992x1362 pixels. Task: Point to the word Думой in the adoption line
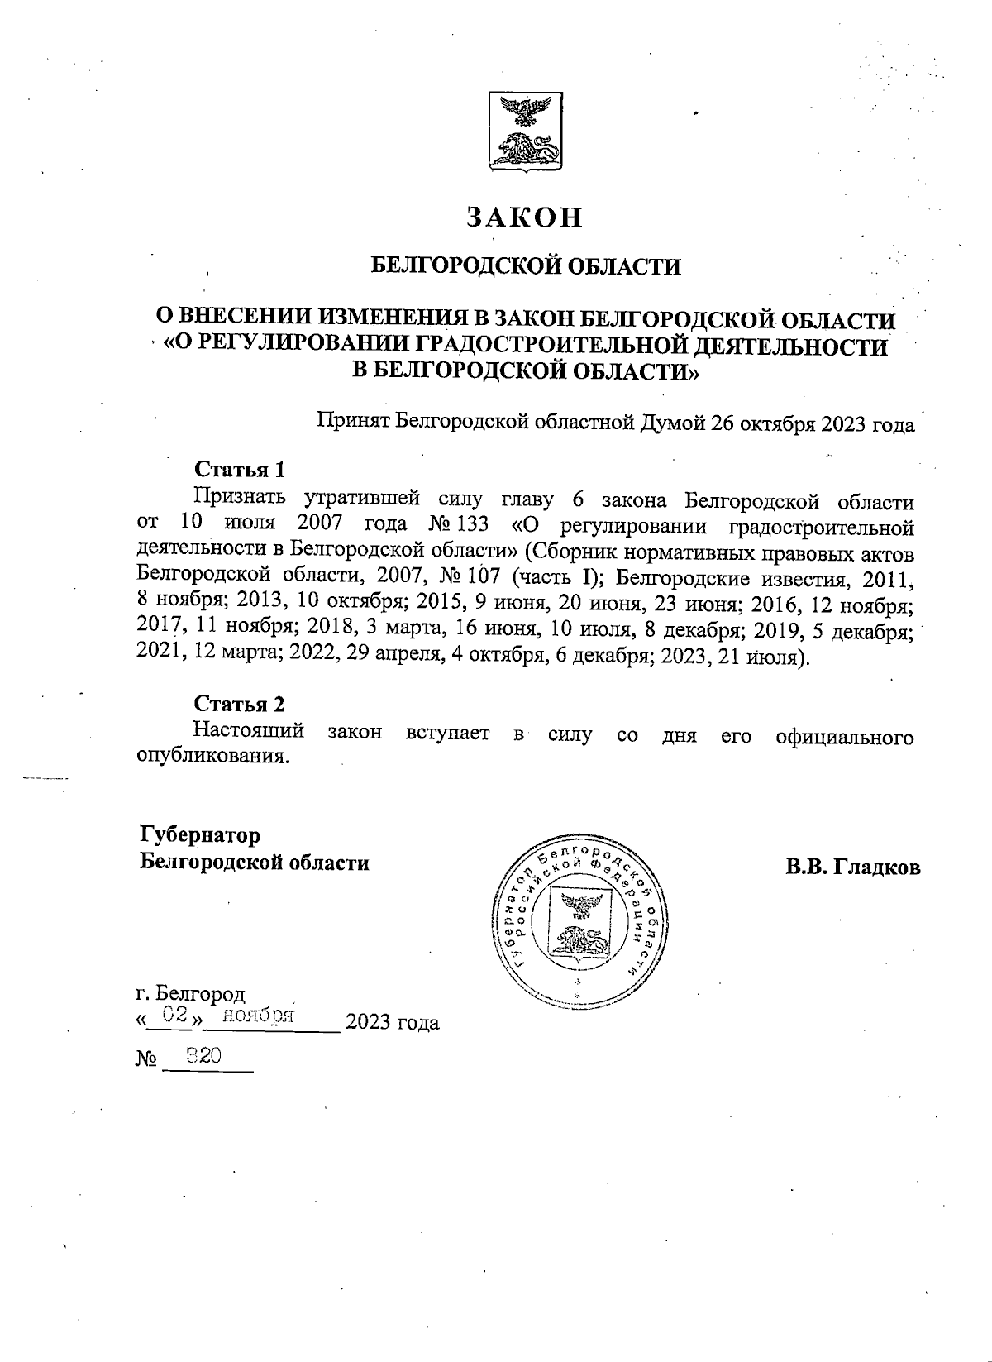670,424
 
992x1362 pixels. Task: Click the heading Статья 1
240,470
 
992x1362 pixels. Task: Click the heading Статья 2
240,704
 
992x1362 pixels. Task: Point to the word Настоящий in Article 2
249,733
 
